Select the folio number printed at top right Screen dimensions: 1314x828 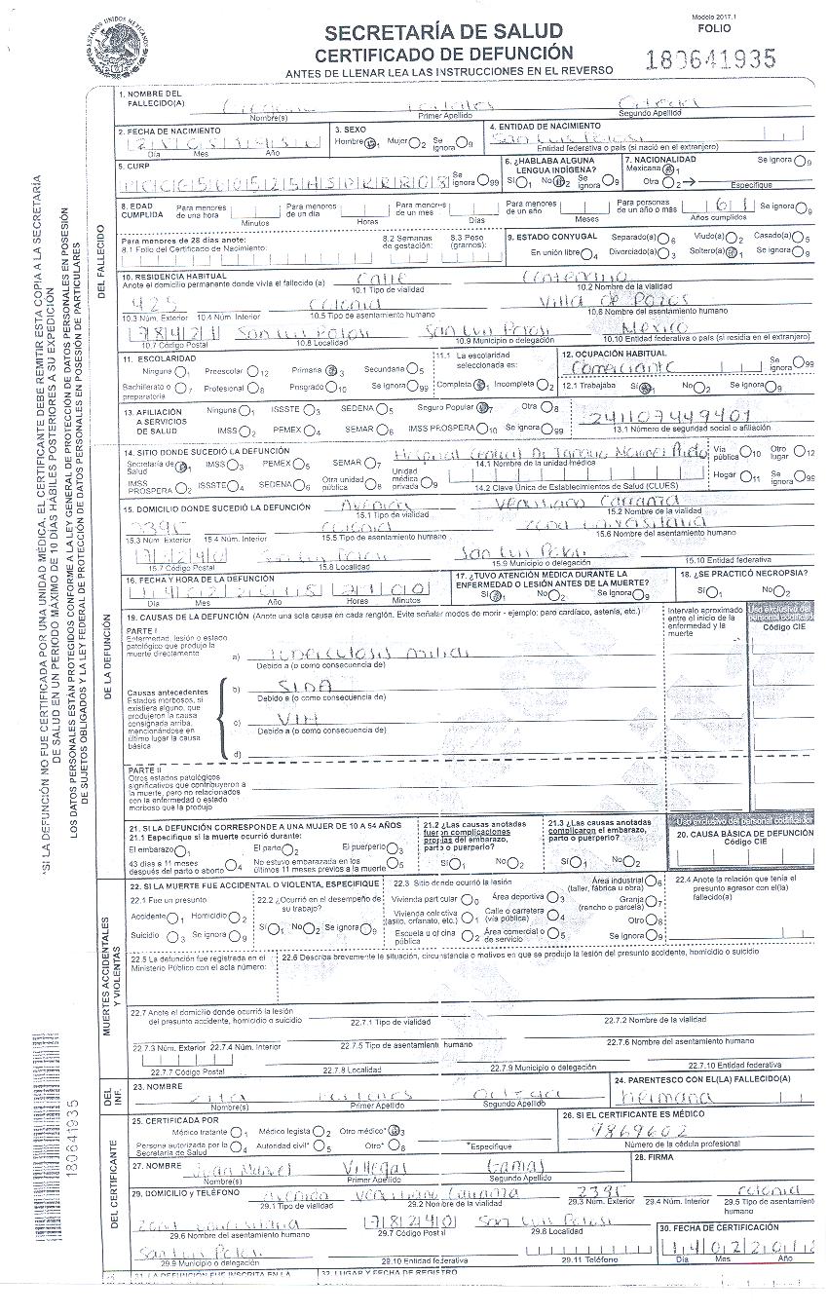click(711, 59)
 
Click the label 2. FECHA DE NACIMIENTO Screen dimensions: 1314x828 click(162, 130)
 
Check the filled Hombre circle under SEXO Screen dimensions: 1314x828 click(370, 142)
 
